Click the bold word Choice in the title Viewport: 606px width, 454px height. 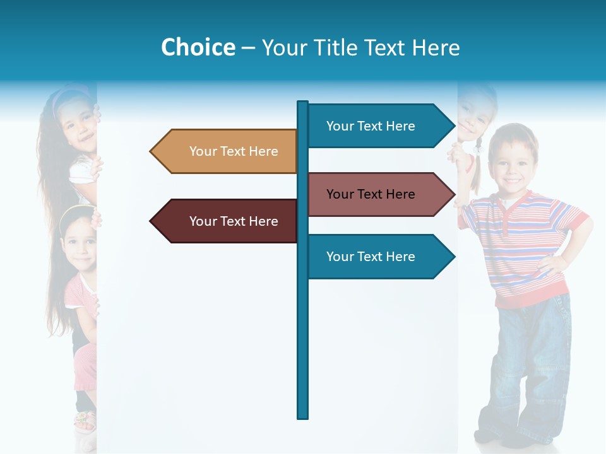[x=198, y=47]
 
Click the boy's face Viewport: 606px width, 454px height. [x=513, y=161]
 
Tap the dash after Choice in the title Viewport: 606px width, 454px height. [x=248, y=48]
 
